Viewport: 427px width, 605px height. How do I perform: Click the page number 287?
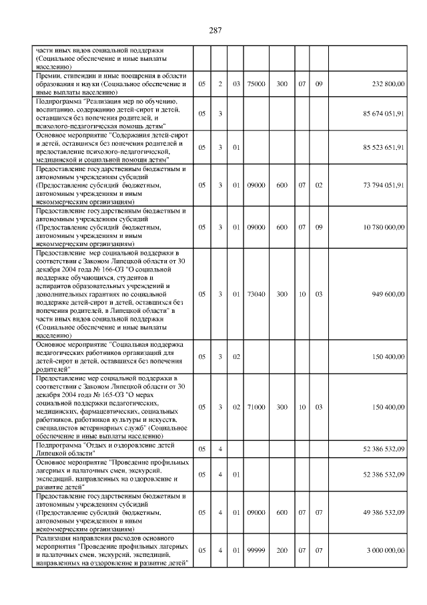[214, 30]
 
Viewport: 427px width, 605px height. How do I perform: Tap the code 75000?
[256, 84]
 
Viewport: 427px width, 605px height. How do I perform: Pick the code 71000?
[256, 406]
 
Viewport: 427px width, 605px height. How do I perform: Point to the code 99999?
[256, 550]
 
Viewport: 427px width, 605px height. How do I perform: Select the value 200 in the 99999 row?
[282, 550]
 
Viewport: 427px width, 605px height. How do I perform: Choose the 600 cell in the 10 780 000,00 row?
[282, 227]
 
